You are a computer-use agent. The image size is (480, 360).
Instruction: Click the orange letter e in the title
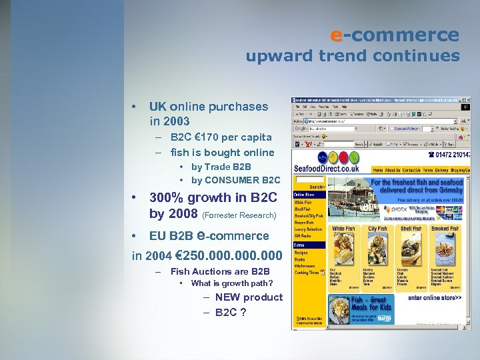coord(337,35)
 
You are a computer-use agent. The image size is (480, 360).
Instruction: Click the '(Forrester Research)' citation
coord(239,215)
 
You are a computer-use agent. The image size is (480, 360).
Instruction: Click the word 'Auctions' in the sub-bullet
coord(212,271)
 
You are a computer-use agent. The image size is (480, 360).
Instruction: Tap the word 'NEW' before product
coord(227,297)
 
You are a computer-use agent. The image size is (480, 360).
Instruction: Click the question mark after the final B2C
coord(243,312)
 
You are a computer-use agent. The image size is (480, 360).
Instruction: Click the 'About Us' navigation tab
coord(392,169)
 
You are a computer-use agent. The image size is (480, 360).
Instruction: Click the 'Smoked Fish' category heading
coord(445,229)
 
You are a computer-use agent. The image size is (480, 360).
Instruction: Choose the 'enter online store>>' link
coord(435,297)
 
